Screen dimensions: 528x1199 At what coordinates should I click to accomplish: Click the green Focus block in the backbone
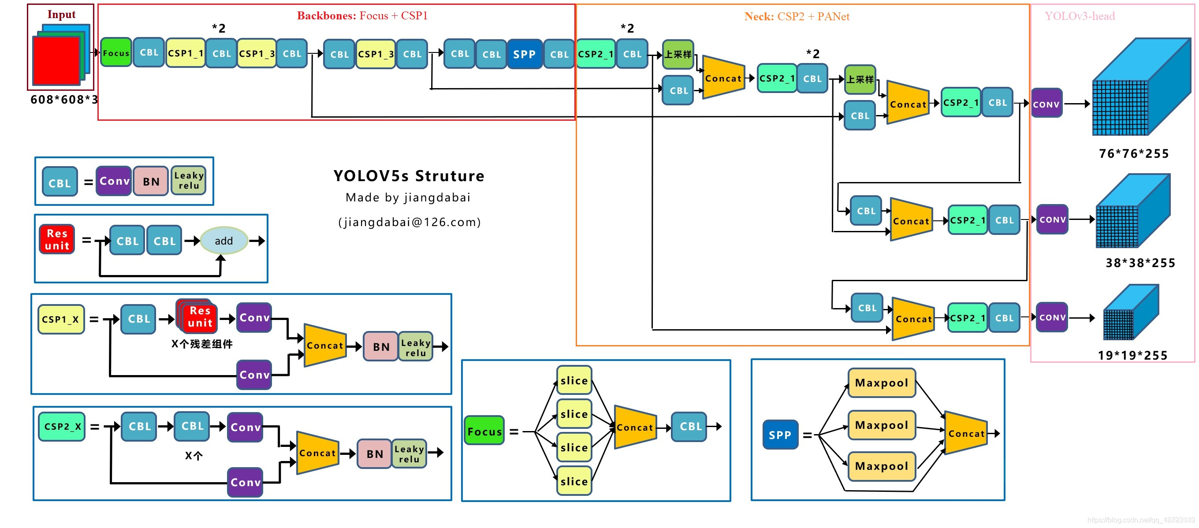tap(116, 52)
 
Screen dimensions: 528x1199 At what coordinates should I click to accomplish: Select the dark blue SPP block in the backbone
tap(524, 54)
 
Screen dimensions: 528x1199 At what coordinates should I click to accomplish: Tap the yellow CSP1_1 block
tap(185, 53)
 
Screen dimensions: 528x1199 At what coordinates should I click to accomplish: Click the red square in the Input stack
tap(56, 60)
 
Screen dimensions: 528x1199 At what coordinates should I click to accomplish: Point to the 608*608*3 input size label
tap(64, 100)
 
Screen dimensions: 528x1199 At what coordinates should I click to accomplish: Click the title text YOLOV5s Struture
tap(409, 176)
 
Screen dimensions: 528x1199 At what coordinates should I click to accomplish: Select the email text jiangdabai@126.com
tap(410, 222)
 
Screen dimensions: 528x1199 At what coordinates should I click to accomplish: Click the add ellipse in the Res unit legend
tap(224, 241)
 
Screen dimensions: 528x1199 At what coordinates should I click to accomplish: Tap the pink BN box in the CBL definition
tap(151, 182)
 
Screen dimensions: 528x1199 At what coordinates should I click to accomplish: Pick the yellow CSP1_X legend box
tap(61, 319)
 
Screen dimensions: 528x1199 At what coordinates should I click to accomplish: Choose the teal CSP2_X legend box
tap(62, 426)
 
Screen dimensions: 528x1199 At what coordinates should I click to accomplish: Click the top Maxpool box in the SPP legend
tap(882, 383)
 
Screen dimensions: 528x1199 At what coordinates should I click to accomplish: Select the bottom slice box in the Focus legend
tap(574, 481)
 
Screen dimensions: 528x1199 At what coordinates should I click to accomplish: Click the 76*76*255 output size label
tap(1134, 153)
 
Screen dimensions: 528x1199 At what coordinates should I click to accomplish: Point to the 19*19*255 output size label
tap(1133, 355)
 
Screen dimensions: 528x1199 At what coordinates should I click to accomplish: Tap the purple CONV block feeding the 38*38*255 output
tap(1052, 219)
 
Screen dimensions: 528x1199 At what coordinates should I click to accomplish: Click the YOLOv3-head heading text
tap(1080, 16)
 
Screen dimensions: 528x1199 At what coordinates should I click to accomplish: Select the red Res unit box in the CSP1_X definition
tap(200, 317)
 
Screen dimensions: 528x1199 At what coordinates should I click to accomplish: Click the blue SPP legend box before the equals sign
tap(780, 435)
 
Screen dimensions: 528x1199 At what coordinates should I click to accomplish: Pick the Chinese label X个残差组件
tap(201, 344)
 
